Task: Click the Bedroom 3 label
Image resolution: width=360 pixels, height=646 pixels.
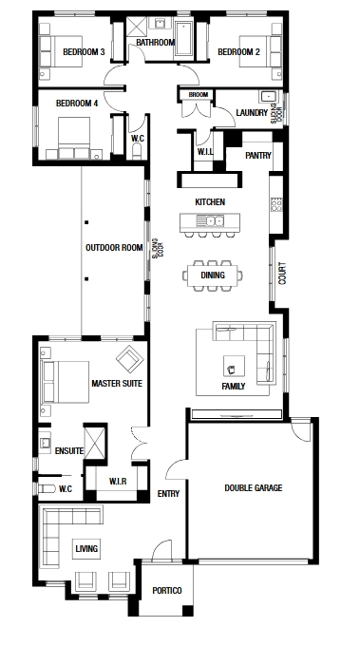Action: [84, 52]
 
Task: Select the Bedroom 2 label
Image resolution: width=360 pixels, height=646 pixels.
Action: [239, 52]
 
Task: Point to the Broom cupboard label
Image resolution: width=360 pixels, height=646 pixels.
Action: [199, 95]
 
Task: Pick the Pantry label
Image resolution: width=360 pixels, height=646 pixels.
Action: [258, 155]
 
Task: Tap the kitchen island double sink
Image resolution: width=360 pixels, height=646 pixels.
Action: [210, 220]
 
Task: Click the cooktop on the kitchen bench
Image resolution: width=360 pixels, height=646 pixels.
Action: [276, 204]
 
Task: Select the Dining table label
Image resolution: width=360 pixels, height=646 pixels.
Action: [213, 275]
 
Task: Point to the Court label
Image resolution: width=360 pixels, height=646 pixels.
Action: [282, 274]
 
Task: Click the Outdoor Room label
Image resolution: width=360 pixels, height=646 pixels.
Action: [114, 248]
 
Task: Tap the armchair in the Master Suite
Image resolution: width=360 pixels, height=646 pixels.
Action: [130, 359]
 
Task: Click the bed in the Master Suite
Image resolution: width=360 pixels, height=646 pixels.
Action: [66, 382]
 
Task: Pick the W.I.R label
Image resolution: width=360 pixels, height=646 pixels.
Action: [118, 482]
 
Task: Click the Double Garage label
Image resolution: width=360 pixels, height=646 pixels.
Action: [254, 487]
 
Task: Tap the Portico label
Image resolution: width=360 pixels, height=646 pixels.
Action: [167, 590]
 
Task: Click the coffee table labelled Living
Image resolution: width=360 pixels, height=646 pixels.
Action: [86, 548]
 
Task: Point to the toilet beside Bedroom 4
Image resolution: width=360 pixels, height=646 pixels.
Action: [137, 152]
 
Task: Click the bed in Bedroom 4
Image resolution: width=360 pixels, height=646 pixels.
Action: [74, 138]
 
